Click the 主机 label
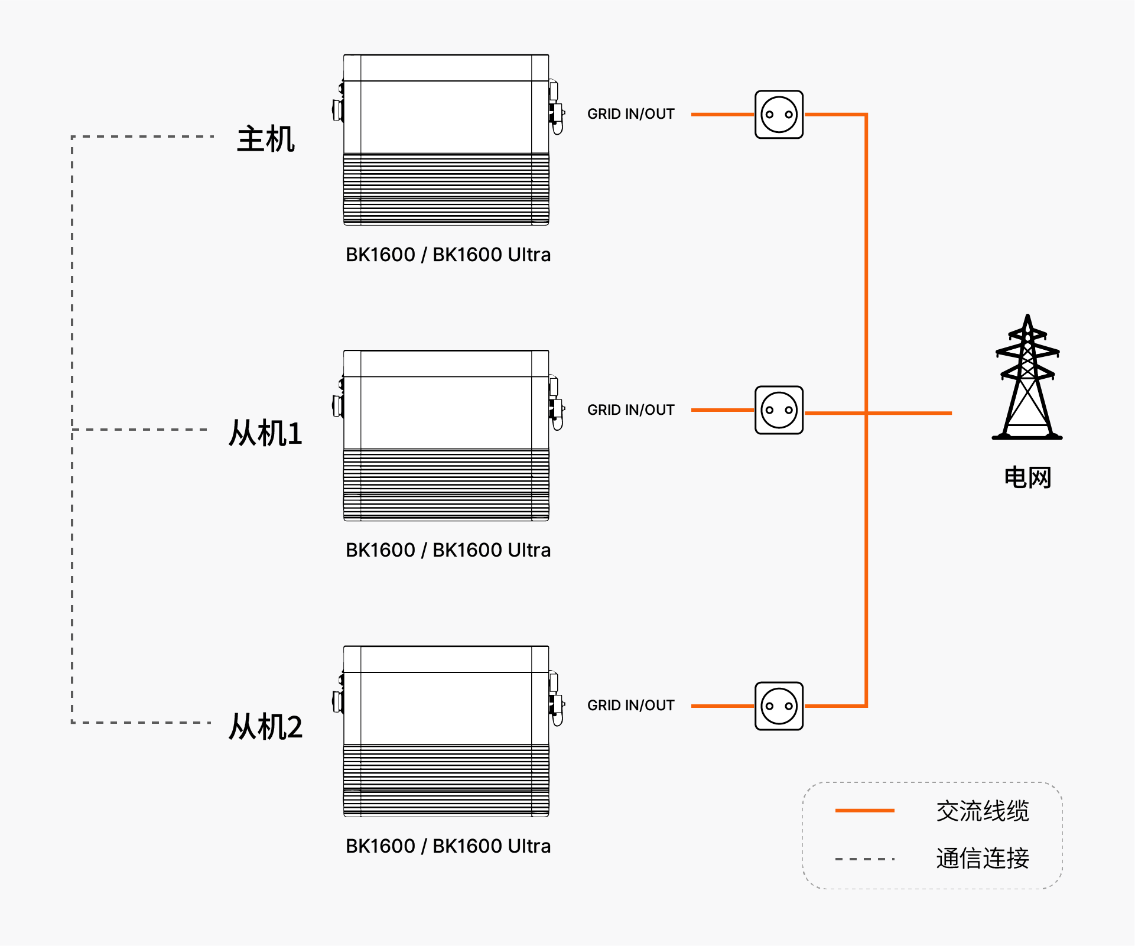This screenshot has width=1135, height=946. (266, 139)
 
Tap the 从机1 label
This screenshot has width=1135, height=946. (265, 433)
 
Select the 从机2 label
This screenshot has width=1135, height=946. (265, 726)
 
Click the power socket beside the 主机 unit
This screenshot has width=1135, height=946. (779, 115)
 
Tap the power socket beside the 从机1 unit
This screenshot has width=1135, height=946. (779, 410)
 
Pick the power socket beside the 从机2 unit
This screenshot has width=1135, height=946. (779, 706)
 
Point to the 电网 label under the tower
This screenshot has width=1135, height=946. (1027, 477)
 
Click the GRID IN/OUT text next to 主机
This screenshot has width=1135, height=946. (630, 114)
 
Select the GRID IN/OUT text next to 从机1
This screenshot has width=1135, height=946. (630, 410)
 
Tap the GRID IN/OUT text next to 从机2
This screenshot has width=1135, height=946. (630, 706)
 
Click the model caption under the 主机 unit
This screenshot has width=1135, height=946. (448, 255)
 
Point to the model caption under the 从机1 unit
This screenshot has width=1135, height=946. (448, 550)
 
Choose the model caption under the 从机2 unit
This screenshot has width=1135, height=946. (448, 846)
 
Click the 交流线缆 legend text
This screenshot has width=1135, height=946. (983, 811)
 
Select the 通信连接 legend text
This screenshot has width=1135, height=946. (983, 859)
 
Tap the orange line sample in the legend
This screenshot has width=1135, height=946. (864, 811)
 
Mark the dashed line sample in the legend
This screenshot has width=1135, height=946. (864, 859)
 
